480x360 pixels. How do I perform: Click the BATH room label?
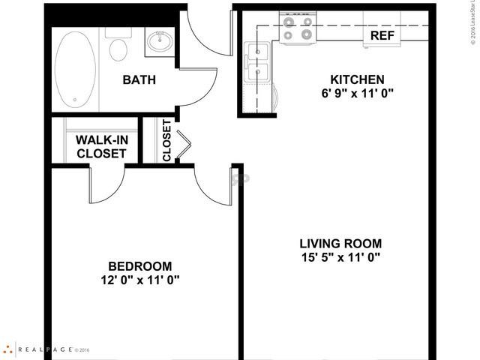[x=139, y=79]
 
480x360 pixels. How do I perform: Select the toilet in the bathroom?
[x=118, y=46]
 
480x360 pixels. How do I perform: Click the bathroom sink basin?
[x=159, y=41]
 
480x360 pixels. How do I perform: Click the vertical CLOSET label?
[x=166, y=142]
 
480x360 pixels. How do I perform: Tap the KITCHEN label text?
[x=357, y=79]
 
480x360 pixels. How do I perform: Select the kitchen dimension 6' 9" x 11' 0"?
[x=357, y=94]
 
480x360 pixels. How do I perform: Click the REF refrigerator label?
[x=382, y=34]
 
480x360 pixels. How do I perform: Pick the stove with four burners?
[x=297, y=28]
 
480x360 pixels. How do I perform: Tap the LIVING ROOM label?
[x=340, y=244]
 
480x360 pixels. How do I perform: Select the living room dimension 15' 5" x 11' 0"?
[x=340, y=259]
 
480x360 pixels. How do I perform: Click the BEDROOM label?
[x=140, y=266]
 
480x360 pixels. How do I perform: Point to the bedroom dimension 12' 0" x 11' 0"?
[x=140, y=281]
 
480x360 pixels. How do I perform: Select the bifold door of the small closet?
[x=183, y=141]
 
